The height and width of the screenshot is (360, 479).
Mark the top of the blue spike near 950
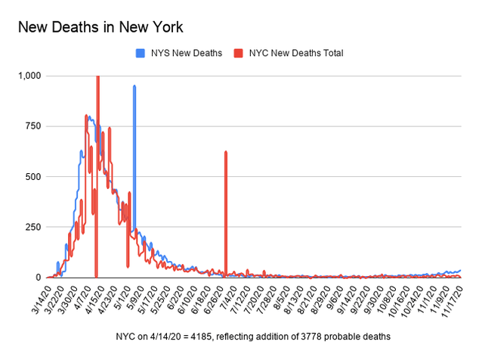pyautogui.click(x=134, y=86)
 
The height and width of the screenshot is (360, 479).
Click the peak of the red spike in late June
pyautogui.click(x=226, y=152)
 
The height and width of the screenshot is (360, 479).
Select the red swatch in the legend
pyautogui.click(x=238, y=53)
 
